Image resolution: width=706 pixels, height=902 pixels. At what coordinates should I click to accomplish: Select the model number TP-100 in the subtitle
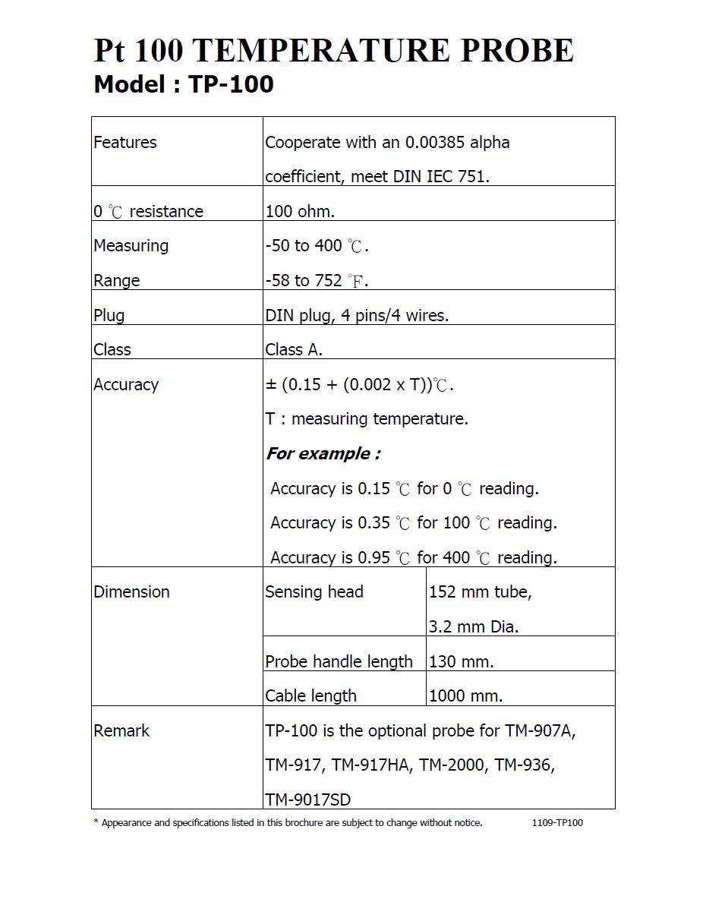click(x=231, y=84)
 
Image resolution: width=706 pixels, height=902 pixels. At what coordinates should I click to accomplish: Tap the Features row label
click(x=125, y=143)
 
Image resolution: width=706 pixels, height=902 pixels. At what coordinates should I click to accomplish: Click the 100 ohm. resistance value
click(x=300, y=211)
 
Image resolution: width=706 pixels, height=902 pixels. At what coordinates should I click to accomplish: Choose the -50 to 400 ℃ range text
click(x=317, y=246)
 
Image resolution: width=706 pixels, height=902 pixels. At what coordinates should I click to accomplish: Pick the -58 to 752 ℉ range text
click(x=317, y=281)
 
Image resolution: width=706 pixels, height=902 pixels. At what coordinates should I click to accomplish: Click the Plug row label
click(x=109, y=315)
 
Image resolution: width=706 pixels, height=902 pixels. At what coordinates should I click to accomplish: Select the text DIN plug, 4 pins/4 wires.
click(x=357, y=315)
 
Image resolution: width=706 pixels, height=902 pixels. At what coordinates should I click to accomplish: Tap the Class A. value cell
click(x=294, y=350)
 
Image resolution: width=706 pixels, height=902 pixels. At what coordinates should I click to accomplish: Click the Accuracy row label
click(x=126, y=385)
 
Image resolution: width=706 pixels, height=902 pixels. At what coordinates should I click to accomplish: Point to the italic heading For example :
click(x=323, y=454)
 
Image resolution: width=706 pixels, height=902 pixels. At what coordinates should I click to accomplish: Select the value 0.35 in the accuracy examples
click(x=373, y=523)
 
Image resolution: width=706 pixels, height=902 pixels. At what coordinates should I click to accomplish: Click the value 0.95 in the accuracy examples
click(x=373, y=558)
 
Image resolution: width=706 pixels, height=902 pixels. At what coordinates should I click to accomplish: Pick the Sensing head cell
click(x=314, y=592)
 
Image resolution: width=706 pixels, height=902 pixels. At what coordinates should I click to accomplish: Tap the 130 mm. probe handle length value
click(x=462, y=661)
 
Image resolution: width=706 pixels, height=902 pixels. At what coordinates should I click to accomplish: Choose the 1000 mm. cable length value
click(x=466, y=695)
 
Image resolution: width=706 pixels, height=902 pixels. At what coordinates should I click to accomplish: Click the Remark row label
click(x=121, y=731)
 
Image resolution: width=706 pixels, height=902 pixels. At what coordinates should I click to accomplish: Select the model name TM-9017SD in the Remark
click(x=308, y=799)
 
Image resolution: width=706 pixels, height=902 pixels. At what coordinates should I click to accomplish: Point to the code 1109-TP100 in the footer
click(x=558, y=823)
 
